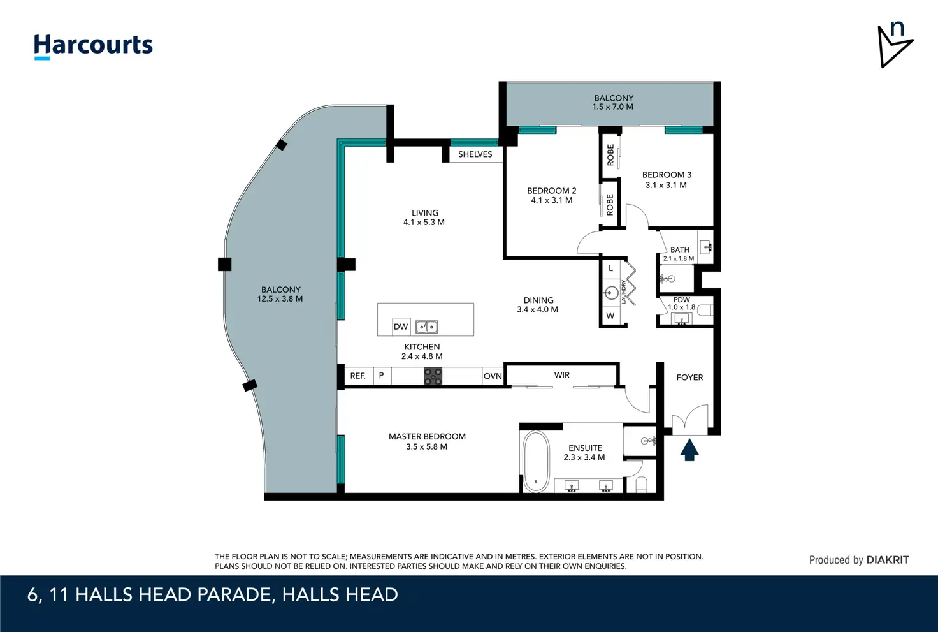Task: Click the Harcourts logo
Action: (x=93, y=47)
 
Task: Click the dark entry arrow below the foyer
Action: (x=689, y=449)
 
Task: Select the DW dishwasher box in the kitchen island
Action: (x=401, y=327)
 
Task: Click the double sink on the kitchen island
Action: (x=427, y=327)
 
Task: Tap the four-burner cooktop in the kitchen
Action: (x=433, y=376)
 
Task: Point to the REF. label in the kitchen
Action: (x=357, y=376)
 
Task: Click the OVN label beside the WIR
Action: (x=493, y=376)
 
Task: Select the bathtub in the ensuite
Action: (x=536, y=462)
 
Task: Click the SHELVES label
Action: (x=475, y=154)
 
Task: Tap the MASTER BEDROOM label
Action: (x=427, y=436)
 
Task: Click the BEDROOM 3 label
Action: (x=667, y=174)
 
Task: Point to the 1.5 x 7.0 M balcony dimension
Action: (x=612, y=107)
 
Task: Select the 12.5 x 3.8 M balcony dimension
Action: (x=280, y=299)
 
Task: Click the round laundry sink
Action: (x=612, y=293)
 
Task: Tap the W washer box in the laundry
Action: (x=610, y=316)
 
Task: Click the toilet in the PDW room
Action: (x=707, y=310)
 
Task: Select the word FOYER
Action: (x=689, y=377)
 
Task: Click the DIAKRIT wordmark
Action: (x=887, y=560)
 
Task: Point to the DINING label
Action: (x=538, y=300)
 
